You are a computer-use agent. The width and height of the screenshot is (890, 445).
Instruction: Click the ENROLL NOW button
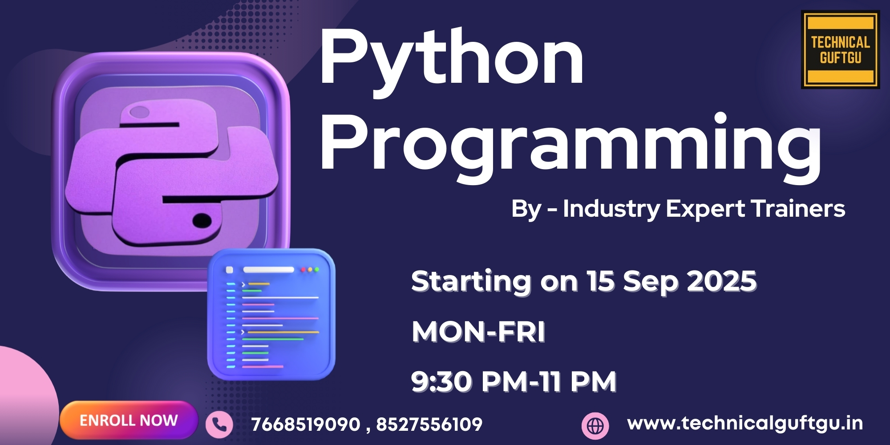pyautogui.click(x=129, y=420)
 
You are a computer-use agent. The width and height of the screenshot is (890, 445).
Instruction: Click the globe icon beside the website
pyautogui.click(x=595, y=426)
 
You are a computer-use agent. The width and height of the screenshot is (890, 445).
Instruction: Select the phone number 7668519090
pyautogui.click(x=306, y=424)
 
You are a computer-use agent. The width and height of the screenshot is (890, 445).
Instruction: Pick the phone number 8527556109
pyautogui.click(x=429, y=424)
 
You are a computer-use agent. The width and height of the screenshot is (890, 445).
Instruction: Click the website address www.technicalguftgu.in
pyautogui.click(x=745, y=423)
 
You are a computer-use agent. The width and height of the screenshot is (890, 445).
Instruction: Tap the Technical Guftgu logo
pyautogui.click(x=841, y=50)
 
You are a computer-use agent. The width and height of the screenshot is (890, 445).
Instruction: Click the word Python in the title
pyautogui.click(x=452, y=58)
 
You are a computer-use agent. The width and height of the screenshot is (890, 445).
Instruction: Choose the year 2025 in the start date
pyautogui.click(x=722, y=281)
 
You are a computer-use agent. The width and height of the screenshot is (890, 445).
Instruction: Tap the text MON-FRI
pyautogui.click(x=478, y=332)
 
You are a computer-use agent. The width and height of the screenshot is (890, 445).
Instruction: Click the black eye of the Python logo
pyautogui.click(x=202, y=220)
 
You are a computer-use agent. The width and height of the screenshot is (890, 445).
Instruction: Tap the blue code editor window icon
pyautogui.click(x=271, y=315)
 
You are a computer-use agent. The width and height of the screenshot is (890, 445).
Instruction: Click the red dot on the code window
pyautogui.click(x=303, y=270)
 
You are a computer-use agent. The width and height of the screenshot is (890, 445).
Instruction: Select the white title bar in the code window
pyautogui.click(x=268, y=270)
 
